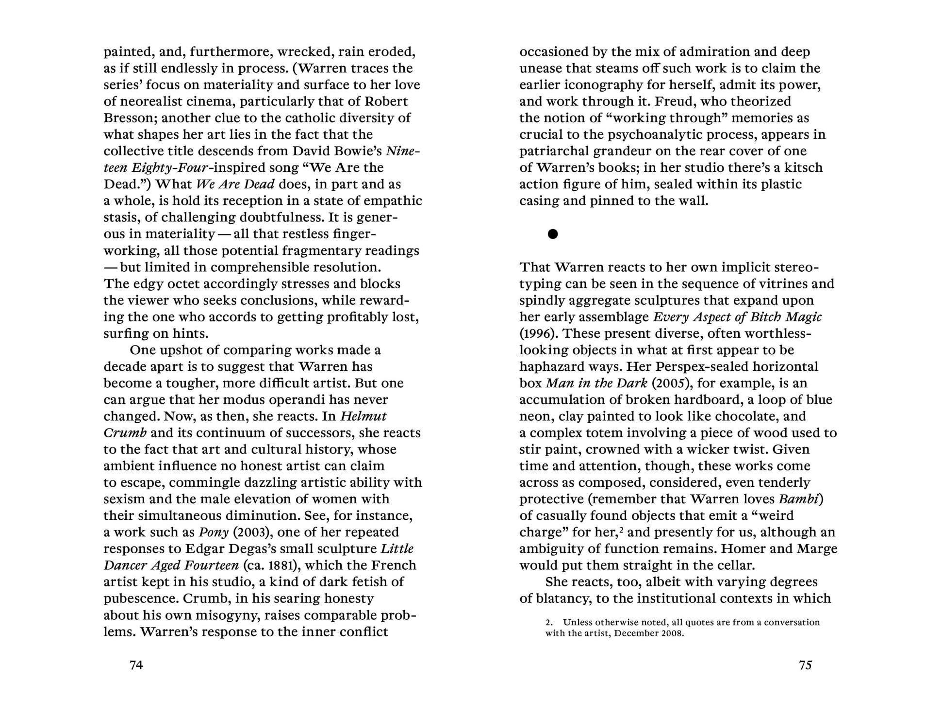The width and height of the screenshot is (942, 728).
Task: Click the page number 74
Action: [136, 665]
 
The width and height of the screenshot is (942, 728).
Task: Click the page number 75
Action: [805, 665]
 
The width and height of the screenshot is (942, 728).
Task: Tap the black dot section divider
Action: [552, 234]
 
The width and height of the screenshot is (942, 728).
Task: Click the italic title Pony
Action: [214, 532]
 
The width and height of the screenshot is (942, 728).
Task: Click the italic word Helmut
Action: [364, 416]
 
